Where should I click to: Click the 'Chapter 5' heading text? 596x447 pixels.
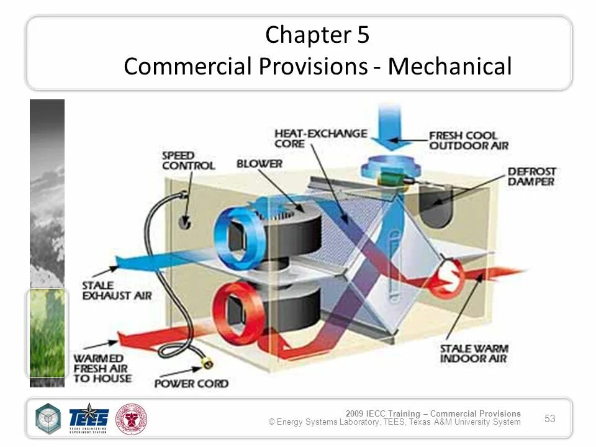(317, 35)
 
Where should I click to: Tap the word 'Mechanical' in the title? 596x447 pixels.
(450, 66)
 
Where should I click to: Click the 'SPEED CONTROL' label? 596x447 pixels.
(188, 160)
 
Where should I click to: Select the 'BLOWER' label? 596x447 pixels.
(259, 164)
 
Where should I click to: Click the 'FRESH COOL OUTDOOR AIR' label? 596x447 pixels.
(468, 140)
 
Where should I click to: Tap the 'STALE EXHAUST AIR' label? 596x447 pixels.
(116, 291)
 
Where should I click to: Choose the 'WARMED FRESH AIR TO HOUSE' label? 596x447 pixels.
(102, 368)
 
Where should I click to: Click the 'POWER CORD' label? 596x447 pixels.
(191, 384)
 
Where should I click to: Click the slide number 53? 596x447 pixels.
(549, 418)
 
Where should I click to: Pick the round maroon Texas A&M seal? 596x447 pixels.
(132, 419)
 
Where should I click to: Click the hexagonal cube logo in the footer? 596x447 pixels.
(48, 418)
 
